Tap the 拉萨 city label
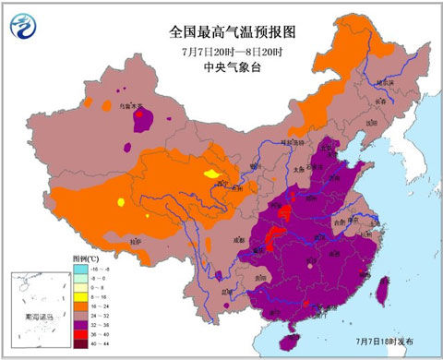(x=137, y=241)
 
